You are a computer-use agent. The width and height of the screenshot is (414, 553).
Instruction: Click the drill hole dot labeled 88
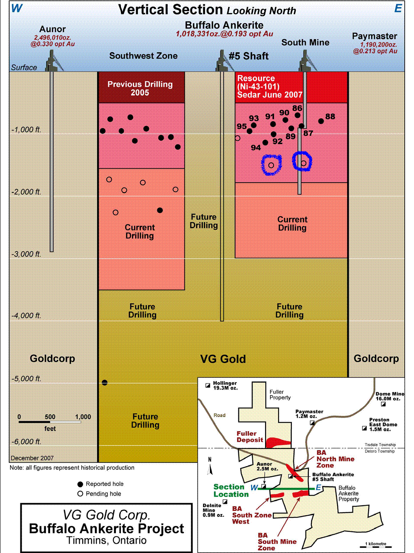tap(321, 121)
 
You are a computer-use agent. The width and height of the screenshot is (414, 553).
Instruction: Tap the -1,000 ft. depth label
tap(26, 130)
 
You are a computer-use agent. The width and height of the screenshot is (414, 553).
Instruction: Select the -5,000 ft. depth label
tap(26, 379)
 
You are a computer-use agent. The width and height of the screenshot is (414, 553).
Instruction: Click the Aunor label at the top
tap(53, 29)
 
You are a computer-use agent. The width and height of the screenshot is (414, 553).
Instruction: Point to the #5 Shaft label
tap(249, 56)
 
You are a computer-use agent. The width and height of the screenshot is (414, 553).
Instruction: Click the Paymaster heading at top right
tap(375, 36)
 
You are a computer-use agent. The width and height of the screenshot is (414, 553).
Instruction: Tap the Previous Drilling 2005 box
tap(140, 88)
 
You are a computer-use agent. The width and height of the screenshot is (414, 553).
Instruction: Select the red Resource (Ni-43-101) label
tap(269, 87)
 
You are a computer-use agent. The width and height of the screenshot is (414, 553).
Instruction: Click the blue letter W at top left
tap(16, 8)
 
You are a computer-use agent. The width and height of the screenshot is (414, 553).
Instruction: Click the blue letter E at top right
tap(398, 8)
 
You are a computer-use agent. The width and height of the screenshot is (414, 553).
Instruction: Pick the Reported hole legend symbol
tap(80, 484)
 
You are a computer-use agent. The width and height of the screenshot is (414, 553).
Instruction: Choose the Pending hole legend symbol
tap(80, 494)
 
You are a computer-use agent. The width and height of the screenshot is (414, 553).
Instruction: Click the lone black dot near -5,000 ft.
tap(105, 383)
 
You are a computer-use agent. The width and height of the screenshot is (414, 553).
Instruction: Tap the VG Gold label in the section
tap(223, 359)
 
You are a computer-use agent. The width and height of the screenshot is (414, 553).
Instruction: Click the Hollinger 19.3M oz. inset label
tap(225, 385)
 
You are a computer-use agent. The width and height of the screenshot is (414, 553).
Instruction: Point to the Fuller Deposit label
tap(250, 437)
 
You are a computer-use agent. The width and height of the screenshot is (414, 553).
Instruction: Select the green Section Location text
tap(231, 491)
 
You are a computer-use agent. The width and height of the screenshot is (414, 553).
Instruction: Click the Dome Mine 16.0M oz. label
tap(389, 396)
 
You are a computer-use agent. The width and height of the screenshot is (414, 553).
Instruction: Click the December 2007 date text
tap(32, 458)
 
